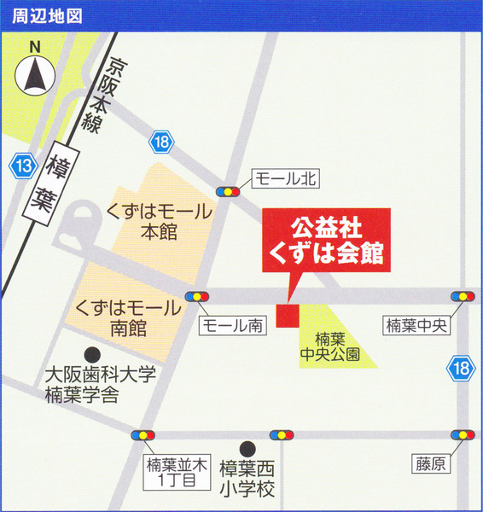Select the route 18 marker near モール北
(162, 142)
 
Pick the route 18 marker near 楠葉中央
(459, 369)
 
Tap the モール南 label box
(232, 325)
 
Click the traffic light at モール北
(228, 192)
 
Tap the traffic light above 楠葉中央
(462, 296)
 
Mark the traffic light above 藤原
(463, 434)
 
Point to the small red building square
(287, 313)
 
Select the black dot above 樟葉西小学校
(247, 446)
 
